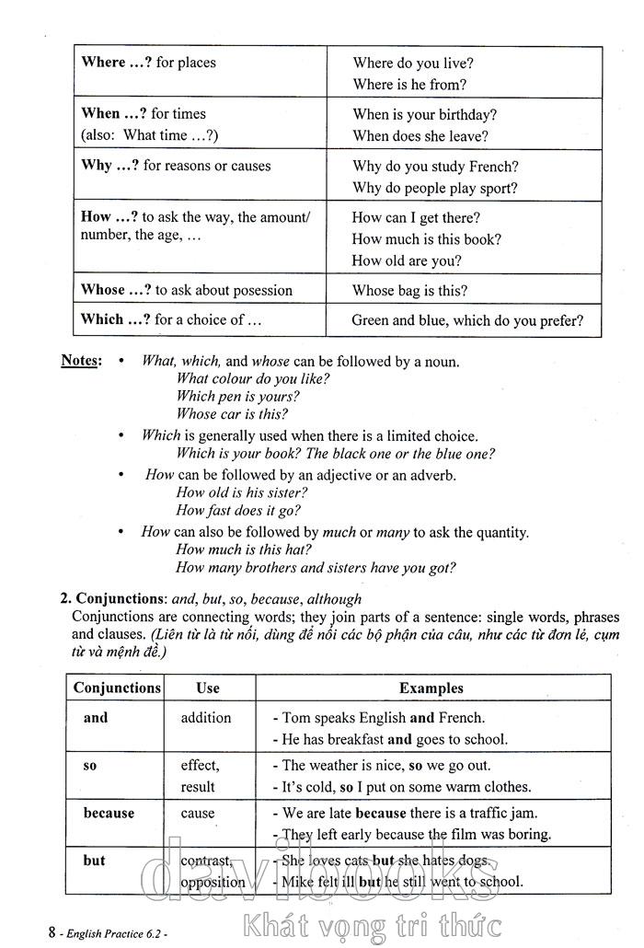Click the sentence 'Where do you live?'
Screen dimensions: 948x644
[413, 64]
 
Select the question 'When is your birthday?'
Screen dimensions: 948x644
[424, 115]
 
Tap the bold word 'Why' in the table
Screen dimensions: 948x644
[97, 166]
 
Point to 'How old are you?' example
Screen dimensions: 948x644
[407, 260]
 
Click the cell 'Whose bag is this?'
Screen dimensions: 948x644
[409, 291]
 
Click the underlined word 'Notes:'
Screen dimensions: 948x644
[80, 360]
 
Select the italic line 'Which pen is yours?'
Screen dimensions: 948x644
[237, 397]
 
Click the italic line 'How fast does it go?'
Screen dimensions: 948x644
[238, 510]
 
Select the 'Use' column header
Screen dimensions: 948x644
[208, 688]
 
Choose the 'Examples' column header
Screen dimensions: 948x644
[431, 688]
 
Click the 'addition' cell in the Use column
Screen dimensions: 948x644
[206, 717]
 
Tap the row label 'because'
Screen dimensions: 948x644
[109, 814]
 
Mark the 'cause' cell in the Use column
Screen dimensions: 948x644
[198, 814]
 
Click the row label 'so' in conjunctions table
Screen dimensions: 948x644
[90, 766]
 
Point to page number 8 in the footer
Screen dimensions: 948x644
[53, 931]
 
